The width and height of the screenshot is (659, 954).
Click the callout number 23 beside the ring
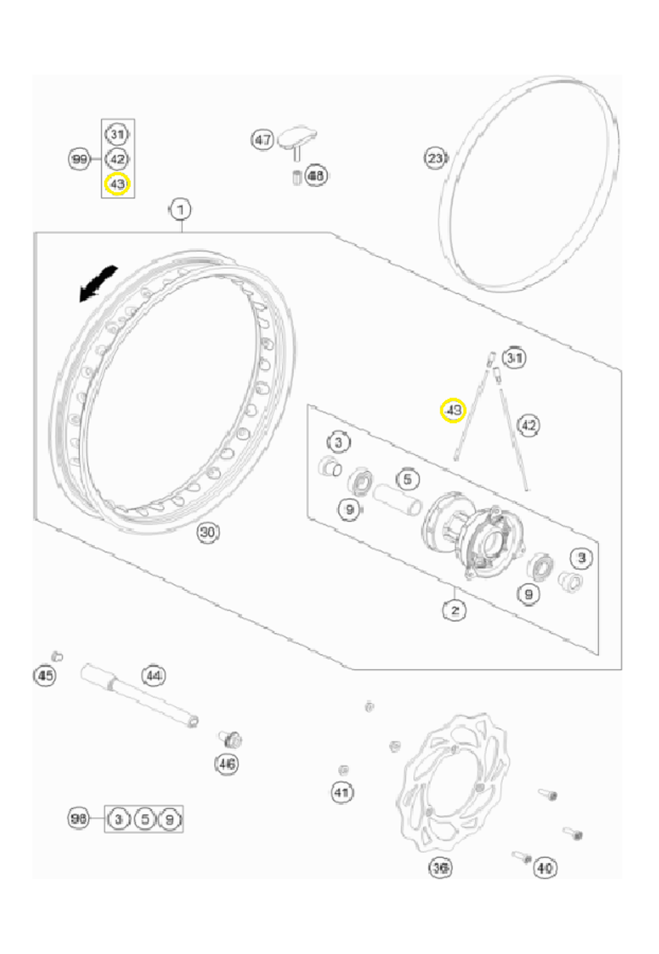[436, 158]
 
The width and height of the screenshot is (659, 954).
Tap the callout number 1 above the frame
[180, 210]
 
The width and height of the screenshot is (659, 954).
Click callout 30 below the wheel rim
[208, 532]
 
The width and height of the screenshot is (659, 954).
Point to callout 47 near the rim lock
[263, 140]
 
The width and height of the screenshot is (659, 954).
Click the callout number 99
[79, 160]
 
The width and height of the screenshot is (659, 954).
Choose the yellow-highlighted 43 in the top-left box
[117, 183]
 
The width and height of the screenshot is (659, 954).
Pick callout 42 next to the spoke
[529, 425]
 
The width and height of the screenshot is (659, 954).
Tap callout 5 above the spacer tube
[407, 479]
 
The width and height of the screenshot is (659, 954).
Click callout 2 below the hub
[455, 611]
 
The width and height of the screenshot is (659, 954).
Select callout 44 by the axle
[154, 676]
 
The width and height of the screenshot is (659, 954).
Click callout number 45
[45, 676]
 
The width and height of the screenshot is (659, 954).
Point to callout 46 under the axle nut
[227, 764]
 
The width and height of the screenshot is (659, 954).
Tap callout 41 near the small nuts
[341, 792]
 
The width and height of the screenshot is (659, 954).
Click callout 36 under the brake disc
[440, 868]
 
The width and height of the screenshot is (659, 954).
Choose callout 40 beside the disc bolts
[544, 868]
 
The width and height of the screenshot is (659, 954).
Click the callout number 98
[79, 819]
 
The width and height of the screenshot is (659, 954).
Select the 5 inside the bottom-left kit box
[144, 820]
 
